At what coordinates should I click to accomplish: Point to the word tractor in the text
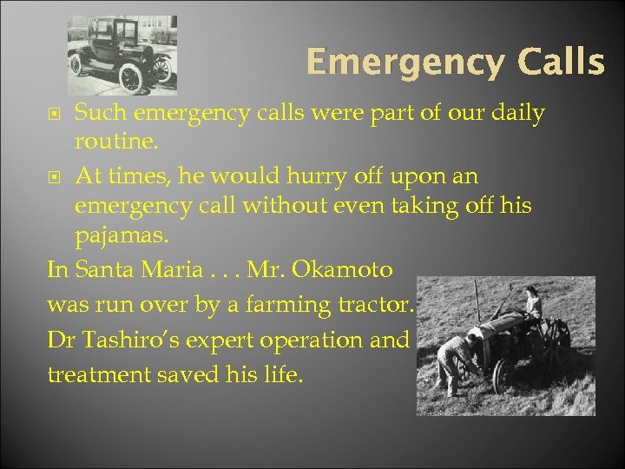point(379,306)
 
